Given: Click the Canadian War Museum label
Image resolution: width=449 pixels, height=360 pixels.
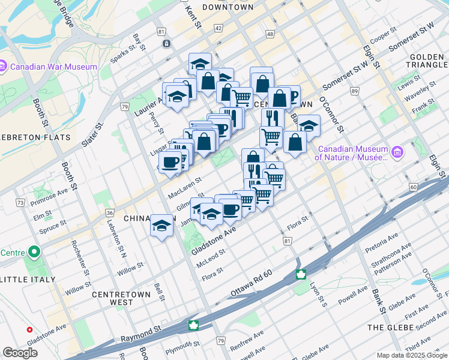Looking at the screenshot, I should tap(52, 67).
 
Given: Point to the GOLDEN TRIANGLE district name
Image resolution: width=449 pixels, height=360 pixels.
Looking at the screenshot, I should tap(427, 61).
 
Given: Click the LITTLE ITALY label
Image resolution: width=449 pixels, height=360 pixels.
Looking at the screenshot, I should tap(29, 280).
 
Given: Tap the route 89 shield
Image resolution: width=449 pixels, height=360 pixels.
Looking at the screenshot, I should tap(355, 91).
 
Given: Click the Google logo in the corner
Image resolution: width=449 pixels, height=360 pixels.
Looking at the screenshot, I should tap(20, 353).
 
